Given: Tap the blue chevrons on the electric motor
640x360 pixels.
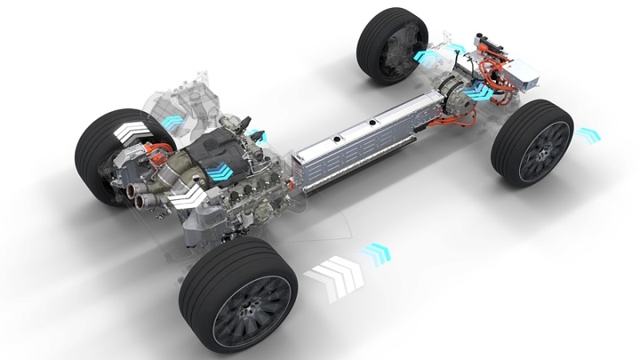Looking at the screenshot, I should point(481,92).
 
